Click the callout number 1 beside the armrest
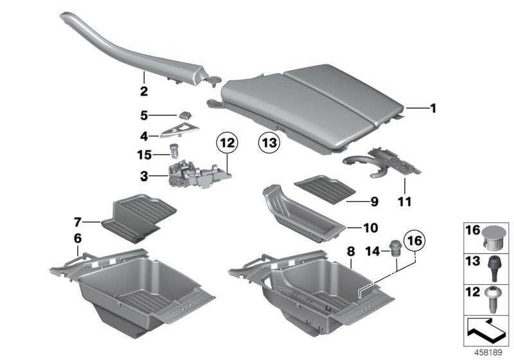432,109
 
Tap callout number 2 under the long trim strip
144,91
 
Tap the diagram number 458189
488,352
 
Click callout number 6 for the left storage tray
77,239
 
